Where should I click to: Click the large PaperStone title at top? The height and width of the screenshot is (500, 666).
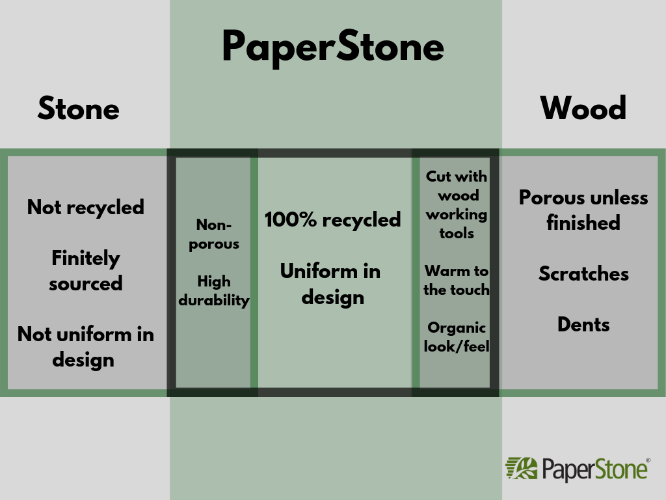click(333, 48)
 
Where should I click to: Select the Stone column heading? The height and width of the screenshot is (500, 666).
click(79, 108)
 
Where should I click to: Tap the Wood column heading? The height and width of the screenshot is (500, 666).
click(583, 108)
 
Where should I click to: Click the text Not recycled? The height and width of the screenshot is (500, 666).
click(86, 208)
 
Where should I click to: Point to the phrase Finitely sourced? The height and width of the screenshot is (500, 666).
click(86, 270)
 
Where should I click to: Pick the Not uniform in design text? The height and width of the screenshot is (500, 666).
click(86, 346)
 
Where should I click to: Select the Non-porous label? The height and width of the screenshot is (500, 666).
click(214, 234)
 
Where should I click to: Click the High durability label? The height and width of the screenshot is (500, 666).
click(214, 291)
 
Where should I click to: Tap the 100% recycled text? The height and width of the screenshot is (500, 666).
click(332, 220)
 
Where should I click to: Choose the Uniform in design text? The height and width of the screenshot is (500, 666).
click(331, 284)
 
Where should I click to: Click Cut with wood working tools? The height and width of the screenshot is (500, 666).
click(457, 204)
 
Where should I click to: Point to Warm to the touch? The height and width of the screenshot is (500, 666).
click(457, 280)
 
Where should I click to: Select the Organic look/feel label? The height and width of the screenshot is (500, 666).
click(457, 337)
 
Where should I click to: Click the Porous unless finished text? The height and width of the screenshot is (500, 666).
click(583, 210)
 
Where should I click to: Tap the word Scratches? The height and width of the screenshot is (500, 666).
click(583, 273)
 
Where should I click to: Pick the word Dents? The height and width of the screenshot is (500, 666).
click(583, 324)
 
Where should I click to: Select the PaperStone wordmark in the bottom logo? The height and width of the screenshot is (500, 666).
click(594, 470)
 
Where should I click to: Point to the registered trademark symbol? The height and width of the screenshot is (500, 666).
click(648, 460)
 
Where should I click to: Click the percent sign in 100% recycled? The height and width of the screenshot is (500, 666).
click(307, 219)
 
